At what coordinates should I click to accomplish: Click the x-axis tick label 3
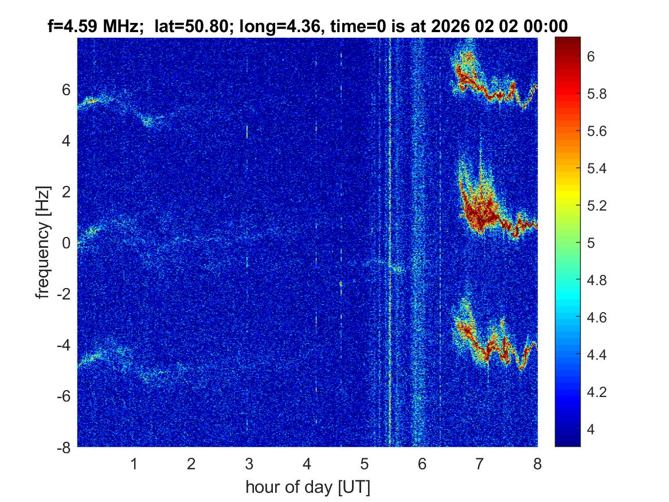click(x=249, y=464)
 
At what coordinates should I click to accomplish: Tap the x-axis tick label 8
click(x=537, y=464)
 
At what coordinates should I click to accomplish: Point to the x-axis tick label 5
click(x=365, y=464)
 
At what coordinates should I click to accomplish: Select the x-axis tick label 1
click(x=134, y=464)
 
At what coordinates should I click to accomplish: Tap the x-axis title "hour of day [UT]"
click(x=307, y=488)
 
